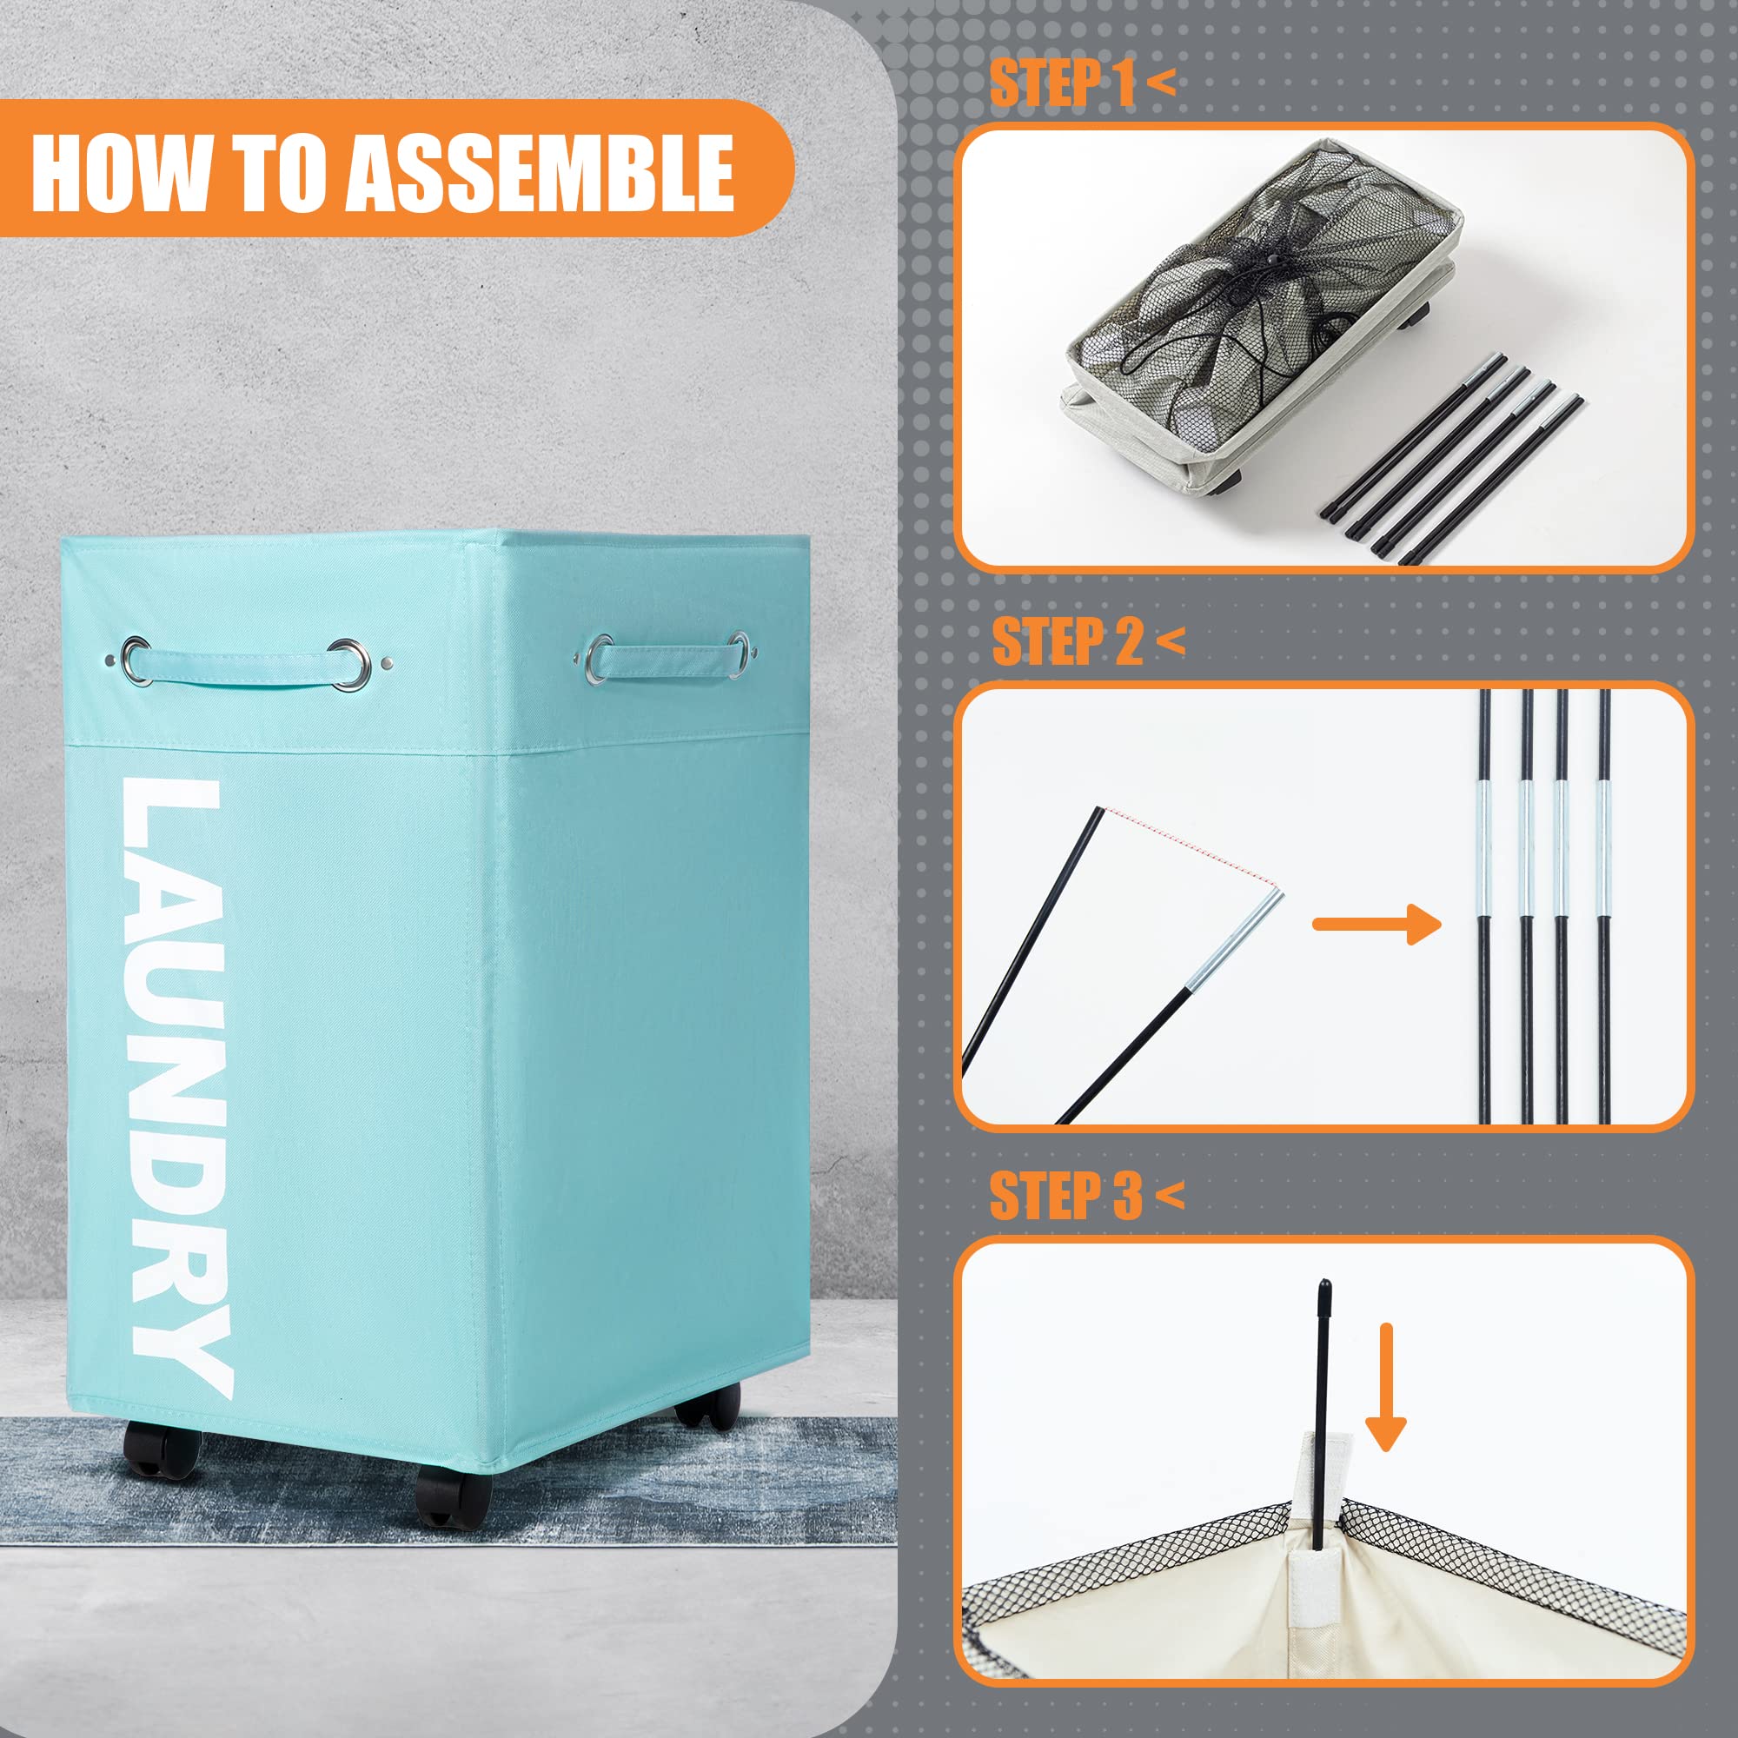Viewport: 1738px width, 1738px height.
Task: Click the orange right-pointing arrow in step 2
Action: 1376,923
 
